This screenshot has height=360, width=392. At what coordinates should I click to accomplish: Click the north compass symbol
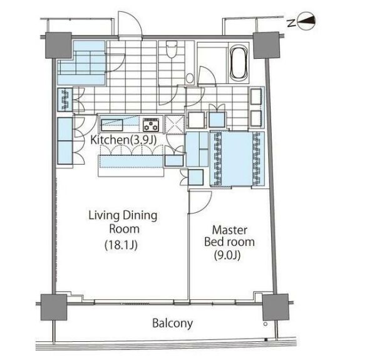click(x=306, y=21)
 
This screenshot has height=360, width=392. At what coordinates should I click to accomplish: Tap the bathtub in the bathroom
click(x=239, y=62)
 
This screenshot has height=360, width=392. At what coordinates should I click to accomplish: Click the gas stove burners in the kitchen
click(x=151, y=125)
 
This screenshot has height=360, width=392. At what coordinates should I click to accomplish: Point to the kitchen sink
click(x=111, y=125)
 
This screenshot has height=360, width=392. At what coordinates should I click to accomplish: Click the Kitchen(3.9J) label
click(x=123, y=140)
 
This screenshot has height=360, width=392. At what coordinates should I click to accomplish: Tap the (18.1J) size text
click(x=121, y=245)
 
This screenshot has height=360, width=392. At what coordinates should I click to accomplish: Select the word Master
click(x=229, y=230)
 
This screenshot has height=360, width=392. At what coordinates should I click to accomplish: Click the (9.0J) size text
click(x=227, y=255)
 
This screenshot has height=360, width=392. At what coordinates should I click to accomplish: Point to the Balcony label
click(x=172, y=323)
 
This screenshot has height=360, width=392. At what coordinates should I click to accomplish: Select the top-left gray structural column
click(x=58, y=45)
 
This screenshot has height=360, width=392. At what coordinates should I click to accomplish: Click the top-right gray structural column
click(x=266, y=45)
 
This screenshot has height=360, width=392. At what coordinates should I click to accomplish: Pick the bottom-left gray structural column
click(x=54, y=307)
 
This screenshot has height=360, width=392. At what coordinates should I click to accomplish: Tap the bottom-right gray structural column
click(x=276, y=307)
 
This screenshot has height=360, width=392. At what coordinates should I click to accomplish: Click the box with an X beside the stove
click(x=174, y=124)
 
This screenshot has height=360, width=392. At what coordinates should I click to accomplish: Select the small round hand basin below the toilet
click(x=190, y=78)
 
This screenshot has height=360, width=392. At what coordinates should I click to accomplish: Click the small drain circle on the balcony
click(x=266, y=324)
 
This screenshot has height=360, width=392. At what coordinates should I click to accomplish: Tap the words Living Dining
click(x=123, y=216)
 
